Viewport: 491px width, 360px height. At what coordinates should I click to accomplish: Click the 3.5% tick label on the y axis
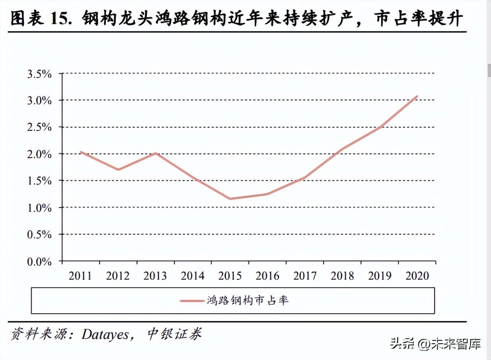(x=39, y=74)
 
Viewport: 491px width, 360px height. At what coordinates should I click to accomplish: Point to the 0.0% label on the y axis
(x=39, y=261)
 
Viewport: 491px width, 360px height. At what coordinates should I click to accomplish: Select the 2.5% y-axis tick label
(x=39, y=127)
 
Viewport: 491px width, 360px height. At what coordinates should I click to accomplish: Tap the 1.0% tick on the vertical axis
(x=39, y=208)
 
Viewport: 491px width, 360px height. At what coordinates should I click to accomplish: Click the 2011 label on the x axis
(x=80, y=276)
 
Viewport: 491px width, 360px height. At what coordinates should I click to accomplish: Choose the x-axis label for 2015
(x=230, y=276)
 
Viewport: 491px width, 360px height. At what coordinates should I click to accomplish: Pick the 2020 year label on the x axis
(x=417, y=276)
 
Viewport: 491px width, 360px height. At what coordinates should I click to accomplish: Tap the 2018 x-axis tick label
(x=343, y=276)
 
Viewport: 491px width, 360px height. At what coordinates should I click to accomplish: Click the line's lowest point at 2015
(x=230, y=199)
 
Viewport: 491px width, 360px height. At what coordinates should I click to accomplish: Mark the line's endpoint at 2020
(x=417, y=96)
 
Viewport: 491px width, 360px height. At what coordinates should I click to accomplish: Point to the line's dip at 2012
(x=118, y=169)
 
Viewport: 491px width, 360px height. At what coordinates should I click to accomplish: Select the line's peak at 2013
(x=155, y=153)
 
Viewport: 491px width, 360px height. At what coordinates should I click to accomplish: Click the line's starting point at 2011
(x=81, y=152)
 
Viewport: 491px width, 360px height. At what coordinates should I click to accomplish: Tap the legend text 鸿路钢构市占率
(x=248, y=300)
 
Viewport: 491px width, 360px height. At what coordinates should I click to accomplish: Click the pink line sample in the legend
(x=192, y=301)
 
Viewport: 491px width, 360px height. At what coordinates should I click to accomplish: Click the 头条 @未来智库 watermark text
(x=436, y=344)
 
